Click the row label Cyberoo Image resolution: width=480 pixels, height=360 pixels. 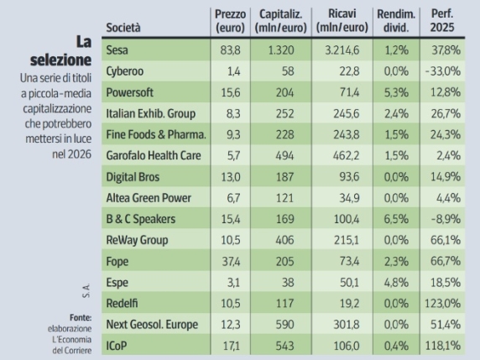point(126,71)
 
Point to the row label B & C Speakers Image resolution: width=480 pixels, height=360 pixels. point(138,218)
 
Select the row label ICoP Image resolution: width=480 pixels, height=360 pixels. point(118,344)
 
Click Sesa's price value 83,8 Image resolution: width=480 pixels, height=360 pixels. point(231,50)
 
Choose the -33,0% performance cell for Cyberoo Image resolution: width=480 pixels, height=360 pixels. point(446,71)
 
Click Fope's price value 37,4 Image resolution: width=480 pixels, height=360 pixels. point(231,260)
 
